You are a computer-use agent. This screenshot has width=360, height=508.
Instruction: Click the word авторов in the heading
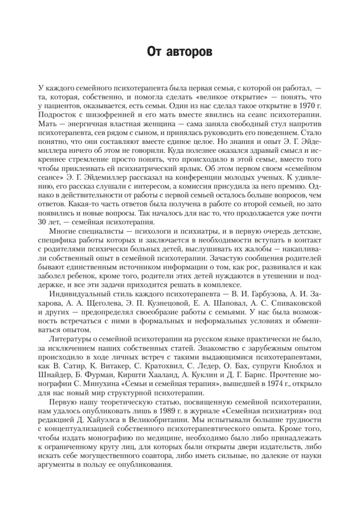(x=191, y=52)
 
